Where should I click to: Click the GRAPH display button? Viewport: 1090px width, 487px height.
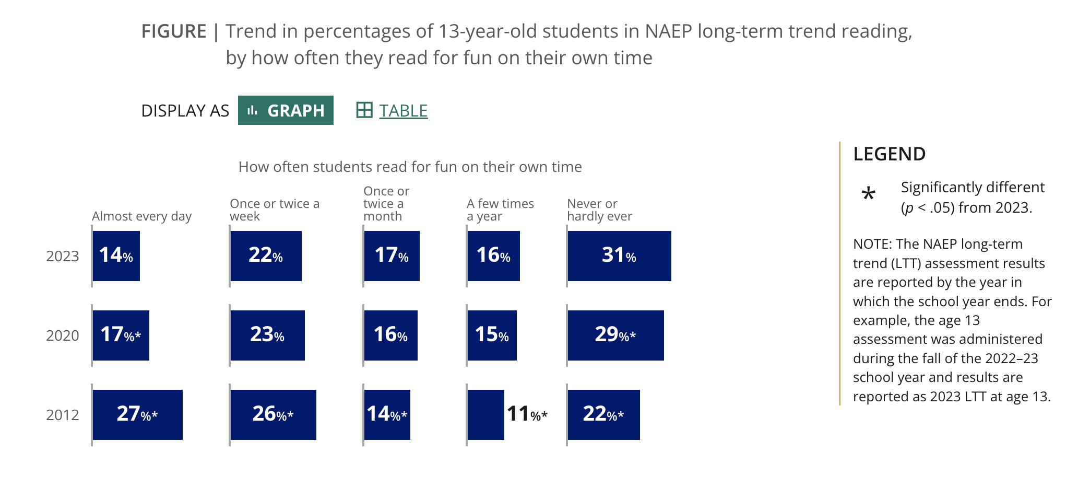point(286,110)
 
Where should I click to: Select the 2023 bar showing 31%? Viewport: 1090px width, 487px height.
point(619,256)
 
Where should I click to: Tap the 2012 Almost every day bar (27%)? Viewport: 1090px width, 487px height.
point(137,414)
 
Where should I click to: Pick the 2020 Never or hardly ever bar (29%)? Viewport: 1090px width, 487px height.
point(615,335)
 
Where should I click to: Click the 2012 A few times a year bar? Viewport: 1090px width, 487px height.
point(485,414)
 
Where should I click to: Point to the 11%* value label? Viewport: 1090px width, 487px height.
point(527,414)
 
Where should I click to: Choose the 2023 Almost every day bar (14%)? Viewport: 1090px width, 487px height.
point(116,256)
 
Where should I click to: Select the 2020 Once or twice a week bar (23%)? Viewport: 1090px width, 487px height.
point(267,335)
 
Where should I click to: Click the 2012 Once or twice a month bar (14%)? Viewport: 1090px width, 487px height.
point(387,414)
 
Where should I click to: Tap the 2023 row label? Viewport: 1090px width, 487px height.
point(62,257)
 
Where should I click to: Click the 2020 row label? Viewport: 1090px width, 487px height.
point(62,336)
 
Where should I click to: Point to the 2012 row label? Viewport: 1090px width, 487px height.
point(62,415)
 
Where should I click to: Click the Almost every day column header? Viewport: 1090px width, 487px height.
point(141,216)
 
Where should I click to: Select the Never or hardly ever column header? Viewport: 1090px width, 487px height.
point(599,210)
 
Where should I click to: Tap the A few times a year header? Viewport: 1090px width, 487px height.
point(500,210)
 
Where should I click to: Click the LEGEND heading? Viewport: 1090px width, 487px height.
point(889,154)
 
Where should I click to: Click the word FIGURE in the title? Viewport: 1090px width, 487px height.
point(174,32)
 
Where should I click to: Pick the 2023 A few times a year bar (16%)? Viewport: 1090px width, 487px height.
point(493,256)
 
